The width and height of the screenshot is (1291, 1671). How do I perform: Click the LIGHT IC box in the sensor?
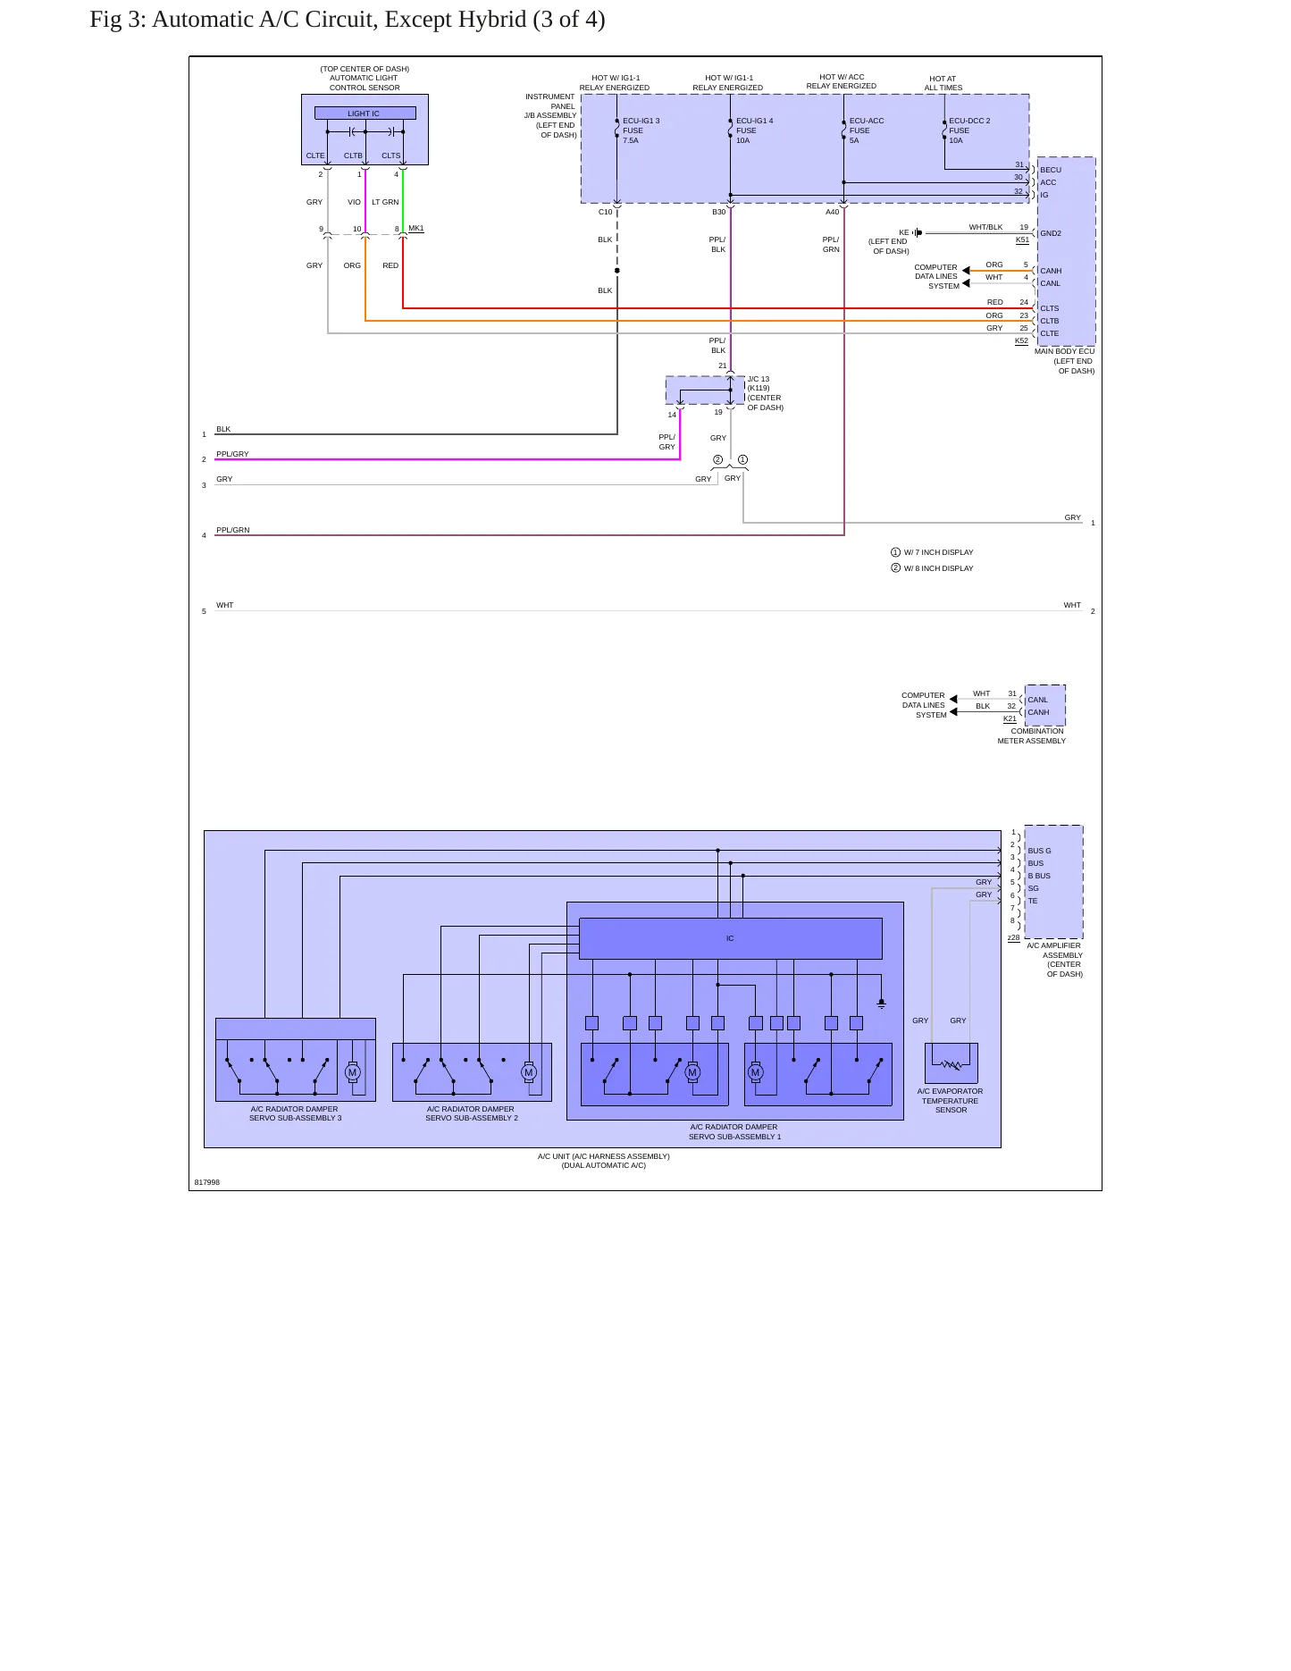(x=365, y=113)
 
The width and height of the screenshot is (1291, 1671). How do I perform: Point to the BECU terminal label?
(x=1051, y=170)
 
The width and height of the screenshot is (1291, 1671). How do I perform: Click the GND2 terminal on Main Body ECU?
(x=1051, y=233)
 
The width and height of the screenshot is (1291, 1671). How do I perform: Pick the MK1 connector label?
(x=415, y=229)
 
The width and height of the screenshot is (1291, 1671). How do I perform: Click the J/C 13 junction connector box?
(x=705, y=390)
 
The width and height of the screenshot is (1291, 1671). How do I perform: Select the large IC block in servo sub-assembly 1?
(x=731, y=938)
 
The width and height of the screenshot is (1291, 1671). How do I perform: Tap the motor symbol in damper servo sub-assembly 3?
(x=352, y=1072)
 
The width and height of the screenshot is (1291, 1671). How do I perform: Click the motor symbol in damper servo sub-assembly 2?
(x=529, y=1072)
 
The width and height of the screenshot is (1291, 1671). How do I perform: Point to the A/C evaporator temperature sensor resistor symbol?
(x=951, y=1064)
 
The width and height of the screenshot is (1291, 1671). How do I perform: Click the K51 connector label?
(x=1022, y=239)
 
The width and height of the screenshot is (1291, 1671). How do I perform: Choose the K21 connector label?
(x=1010, y=718)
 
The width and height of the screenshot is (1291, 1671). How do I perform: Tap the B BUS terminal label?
(x=1039, y=876)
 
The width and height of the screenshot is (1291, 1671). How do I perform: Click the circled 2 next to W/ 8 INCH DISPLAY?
(x=895, y=568)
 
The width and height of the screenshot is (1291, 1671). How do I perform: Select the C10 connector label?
(x=606, y=212)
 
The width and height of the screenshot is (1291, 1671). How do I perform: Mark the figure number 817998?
(x=207, y=1182)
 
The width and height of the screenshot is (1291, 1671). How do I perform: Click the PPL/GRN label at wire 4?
(x=233, y=530)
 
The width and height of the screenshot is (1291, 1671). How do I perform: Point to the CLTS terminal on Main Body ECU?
(x=1050, y=308)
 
